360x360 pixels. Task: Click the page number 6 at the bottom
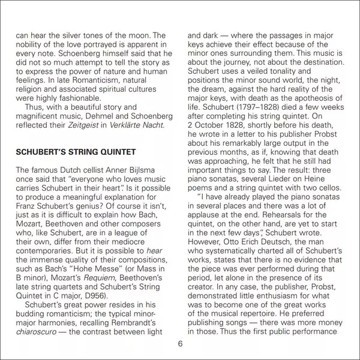point(180,344)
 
